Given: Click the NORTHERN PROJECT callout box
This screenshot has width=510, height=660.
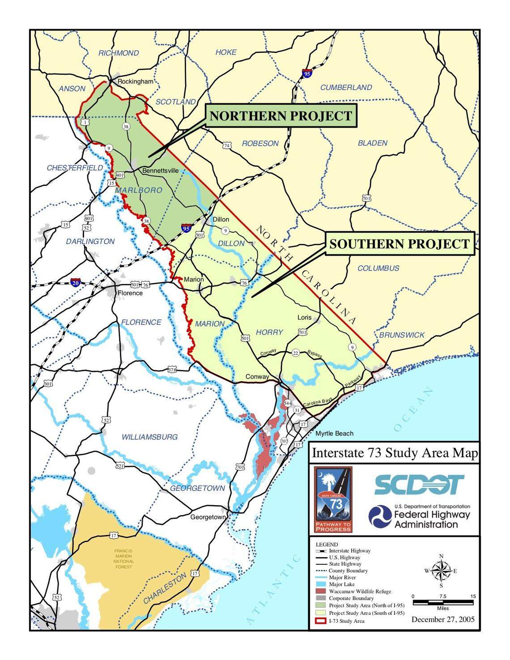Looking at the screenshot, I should pos(280,116).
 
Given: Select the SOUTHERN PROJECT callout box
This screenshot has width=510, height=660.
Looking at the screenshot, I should pos(399,244).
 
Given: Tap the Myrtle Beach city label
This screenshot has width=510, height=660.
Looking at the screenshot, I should pos(334,433).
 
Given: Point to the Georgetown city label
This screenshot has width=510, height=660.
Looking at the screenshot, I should pos(208,517).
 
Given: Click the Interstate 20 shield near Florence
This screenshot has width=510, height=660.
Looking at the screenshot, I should pos(76,283).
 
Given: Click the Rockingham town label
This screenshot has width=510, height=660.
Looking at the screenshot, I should pos(135,81).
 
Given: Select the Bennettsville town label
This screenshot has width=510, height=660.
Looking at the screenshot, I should pos(160,170).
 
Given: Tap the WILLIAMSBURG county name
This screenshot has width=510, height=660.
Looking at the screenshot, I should pos(149,437).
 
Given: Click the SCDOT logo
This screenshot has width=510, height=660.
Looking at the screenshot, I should pos(419,485).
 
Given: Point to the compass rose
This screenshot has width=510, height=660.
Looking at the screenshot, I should pos(441,571).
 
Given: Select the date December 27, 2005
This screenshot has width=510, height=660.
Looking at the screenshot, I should pos(443,619).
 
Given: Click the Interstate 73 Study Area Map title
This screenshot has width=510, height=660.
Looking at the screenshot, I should pos(395,453).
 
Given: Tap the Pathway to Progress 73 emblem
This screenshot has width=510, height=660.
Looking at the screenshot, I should pos(333,499).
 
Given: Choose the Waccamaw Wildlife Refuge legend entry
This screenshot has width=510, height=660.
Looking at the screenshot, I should pos(360,591).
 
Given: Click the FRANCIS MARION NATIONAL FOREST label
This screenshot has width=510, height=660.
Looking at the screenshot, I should pos(123,559).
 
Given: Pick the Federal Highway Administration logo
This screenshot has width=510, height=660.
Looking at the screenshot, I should pos(419,516).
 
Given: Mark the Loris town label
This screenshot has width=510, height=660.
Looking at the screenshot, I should pos(304,317).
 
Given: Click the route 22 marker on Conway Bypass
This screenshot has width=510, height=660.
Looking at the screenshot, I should pos(295,353).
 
